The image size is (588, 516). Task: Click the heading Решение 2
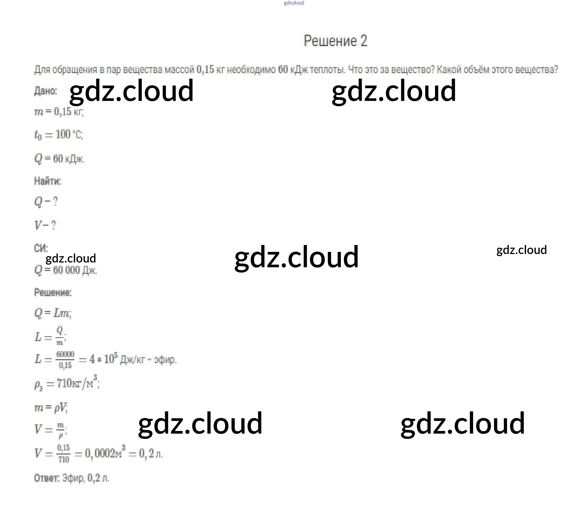pyautogui.click(x=336, y=41)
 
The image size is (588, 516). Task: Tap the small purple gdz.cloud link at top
pyautogui.click(x=294, y=3)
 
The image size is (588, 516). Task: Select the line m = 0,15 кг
pyautogui.click(x=59, y=112)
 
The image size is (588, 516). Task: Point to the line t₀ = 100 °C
pyautogui.click(x=59, y=135)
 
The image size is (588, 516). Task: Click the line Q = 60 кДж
pyautogui.click(x=59, y=158)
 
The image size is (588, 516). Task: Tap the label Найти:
pyautogui.click(x=47, y=181)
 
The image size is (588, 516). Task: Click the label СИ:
pyautogui.click(x=41, y=248)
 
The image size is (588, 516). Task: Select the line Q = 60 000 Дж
pyautogui.click(x=66, y=270)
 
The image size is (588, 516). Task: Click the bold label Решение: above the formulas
pyautogui.click(x=53, y=292)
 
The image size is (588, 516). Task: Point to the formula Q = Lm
pyautogui.click(x=53, y=313)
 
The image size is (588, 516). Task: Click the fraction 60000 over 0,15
pyautogui.click(x=65, y=360)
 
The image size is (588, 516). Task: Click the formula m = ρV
pyautogui.click(x=51, y=407)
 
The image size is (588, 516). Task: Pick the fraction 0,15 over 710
pyautogui.click(x=64, y=453)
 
